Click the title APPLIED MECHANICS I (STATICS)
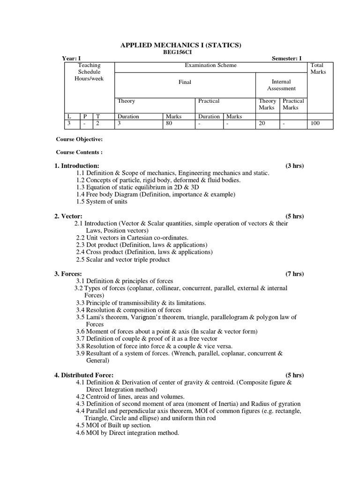(181, 45)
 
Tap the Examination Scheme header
(210, 66)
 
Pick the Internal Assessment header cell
(281, 85)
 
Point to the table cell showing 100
(315, 124)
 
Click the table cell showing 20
(262, 124)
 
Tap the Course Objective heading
(79, 139)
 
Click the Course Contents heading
(79, 152)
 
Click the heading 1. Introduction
(77, 166)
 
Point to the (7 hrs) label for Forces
(294, 274)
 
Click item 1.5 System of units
(102, 202)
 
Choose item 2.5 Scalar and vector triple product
(123, 259)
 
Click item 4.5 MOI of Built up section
(113, 425)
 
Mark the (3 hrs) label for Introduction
(294, 166)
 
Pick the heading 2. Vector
(68, 216)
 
